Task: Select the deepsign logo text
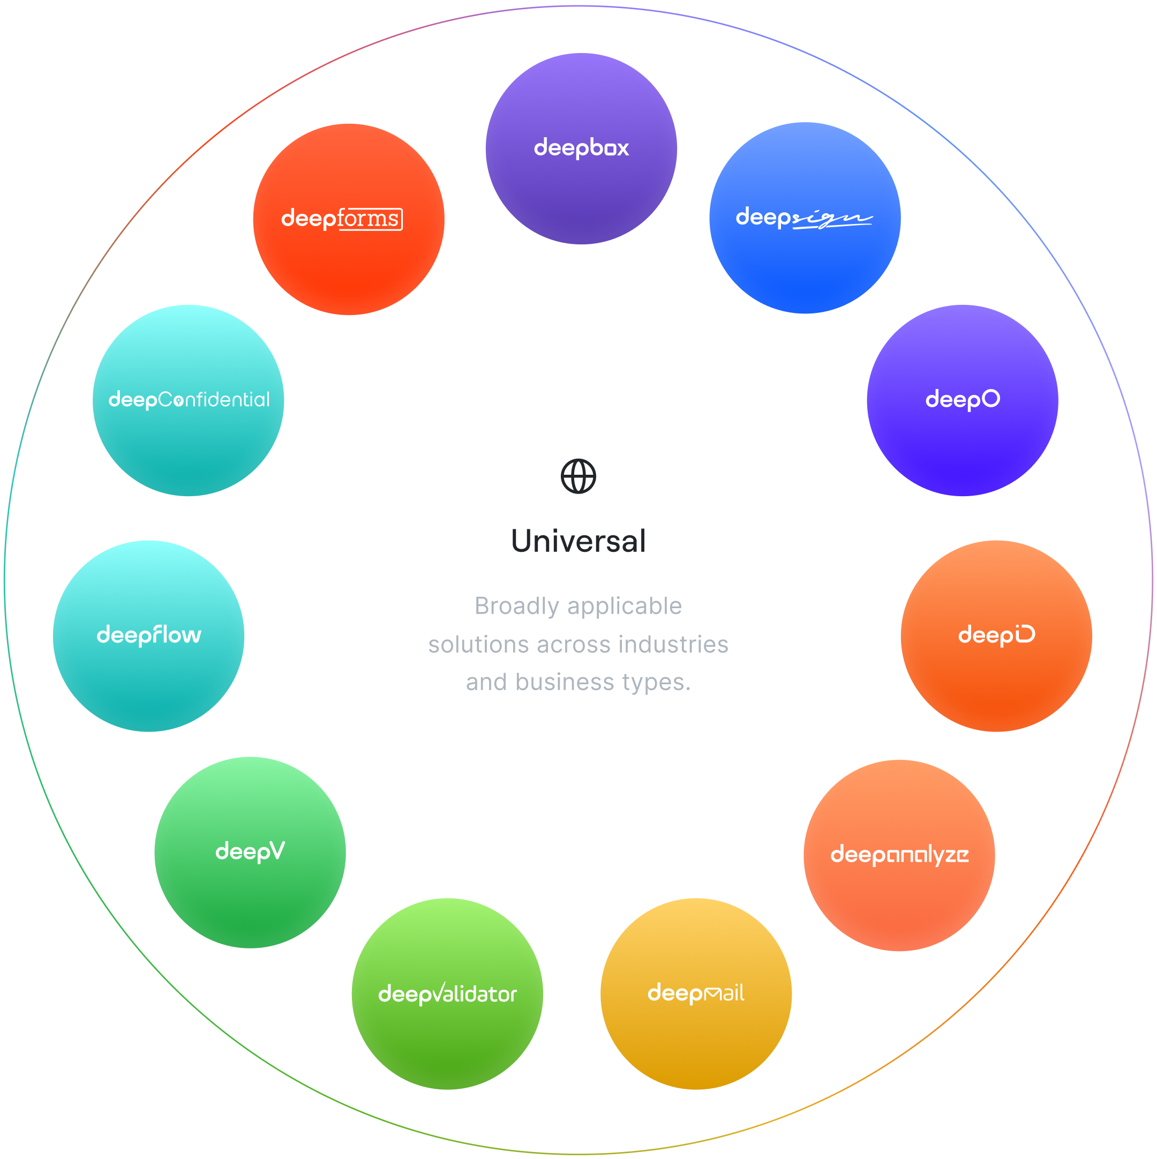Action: point(803,218)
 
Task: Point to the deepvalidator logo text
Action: point(447,994)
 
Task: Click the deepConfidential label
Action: point(189,400)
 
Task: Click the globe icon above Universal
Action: point(578,476)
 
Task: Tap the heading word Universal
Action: point(578,541)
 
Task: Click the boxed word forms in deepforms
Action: point(370,219)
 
